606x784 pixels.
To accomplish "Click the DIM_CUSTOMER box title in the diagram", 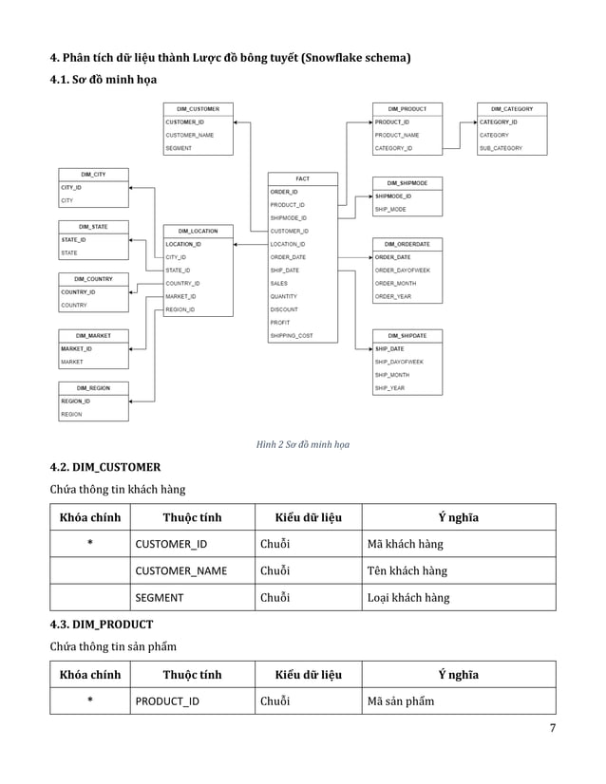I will point(198,109).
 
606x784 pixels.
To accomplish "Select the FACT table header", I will point(302,178).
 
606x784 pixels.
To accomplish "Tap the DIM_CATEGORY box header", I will point(512,109).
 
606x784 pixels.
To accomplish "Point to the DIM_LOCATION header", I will point(198,231).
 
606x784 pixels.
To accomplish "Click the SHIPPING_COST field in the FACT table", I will point(292,336).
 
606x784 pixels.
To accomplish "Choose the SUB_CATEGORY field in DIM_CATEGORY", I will point(499,149).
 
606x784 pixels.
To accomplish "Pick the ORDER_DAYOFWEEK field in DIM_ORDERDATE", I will point(402,271).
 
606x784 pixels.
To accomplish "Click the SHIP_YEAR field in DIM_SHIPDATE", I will point(389,388).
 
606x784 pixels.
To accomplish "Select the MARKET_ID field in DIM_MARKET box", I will point(76,348).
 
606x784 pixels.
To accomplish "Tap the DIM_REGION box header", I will point(93,388).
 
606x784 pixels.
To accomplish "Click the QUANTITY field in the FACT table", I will point(284,296).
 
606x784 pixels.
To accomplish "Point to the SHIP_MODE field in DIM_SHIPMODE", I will point(390,209).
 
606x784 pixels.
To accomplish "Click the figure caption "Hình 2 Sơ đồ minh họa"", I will point(302,443).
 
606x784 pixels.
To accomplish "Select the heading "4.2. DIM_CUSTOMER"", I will point(104,467).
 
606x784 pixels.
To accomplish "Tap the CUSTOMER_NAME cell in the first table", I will point(180,570).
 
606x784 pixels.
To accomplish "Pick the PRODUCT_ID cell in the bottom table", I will point(167,701).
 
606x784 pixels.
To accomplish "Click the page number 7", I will point(552,728).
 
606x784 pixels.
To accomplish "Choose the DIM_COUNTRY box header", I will point(93,278).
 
